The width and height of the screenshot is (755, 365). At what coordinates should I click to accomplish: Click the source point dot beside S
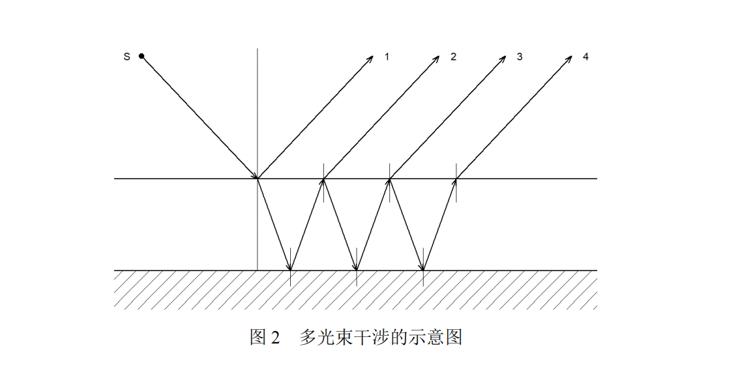(141, 56)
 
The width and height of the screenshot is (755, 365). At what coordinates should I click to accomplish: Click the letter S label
(126, 57)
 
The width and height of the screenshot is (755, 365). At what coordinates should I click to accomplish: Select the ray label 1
(387, 57)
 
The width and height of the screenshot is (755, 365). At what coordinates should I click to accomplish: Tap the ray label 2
(453, 57)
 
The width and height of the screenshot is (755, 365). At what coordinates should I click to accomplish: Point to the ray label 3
(520, 57)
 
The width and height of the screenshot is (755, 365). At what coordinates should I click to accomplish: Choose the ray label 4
(585, 57)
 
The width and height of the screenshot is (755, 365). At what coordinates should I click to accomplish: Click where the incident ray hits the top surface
(258, 178)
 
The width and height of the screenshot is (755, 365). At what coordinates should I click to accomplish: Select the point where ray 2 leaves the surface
(323, 178)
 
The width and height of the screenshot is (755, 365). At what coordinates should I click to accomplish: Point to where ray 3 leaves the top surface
(390, 178)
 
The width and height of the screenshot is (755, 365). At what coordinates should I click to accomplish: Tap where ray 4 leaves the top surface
(456, 178)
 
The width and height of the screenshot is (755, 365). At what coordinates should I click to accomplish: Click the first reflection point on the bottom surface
(290, 270)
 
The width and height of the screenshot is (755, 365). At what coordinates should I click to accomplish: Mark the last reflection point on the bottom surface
(423, 270)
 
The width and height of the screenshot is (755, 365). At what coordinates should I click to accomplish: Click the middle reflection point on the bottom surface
(357, 270)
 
